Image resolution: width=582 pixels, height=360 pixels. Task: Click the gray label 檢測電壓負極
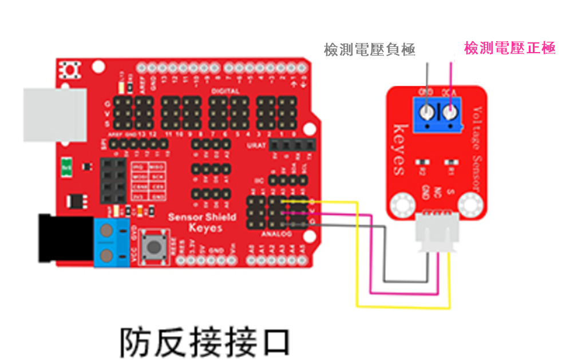click(369, 50)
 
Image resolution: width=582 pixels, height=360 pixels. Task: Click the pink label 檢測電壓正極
click(509, 48)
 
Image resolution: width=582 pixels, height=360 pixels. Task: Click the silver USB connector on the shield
click(55, 114)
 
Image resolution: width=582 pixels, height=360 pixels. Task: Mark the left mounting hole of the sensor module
click(401, 204)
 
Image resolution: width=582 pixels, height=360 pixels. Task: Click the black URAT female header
click(292, 145)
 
